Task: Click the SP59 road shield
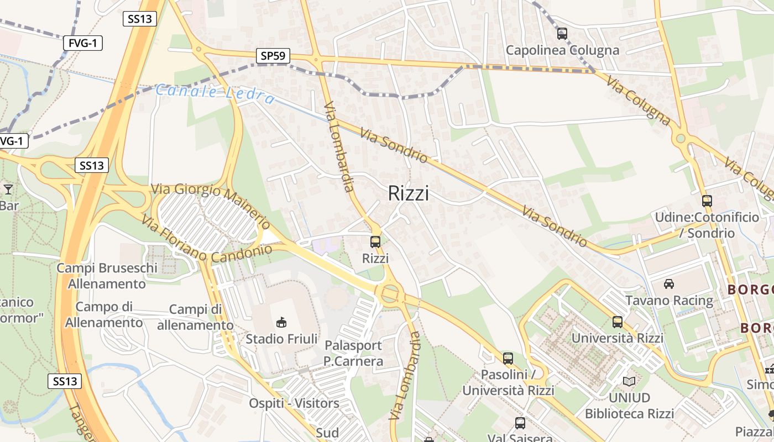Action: pos(273,55)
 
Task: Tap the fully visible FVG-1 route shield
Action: pos(83,43)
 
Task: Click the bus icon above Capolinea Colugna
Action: pos(562,34)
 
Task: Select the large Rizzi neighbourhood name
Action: pos(408,193)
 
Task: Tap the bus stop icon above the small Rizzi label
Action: pos(375,242)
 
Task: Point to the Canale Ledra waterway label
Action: pos(215,93)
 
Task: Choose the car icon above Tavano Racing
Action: pos(669,284)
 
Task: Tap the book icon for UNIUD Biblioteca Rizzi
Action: pos(629,381)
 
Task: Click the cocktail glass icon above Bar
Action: pos(8,190)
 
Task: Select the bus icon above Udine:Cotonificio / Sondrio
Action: pos(707,201)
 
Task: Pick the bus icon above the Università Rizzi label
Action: pos(618,322)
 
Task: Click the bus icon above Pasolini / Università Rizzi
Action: pos(508,358)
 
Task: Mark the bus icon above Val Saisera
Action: pos(520,423)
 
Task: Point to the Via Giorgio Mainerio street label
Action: pos(210,205)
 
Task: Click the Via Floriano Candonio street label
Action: pos(207,239)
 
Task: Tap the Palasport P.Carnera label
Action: pos(354,354)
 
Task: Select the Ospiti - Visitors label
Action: pos(294,403)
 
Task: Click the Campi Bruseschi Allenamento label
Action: pos(107,276)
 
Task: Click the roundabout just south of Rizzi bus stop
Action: pos(389,293)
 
